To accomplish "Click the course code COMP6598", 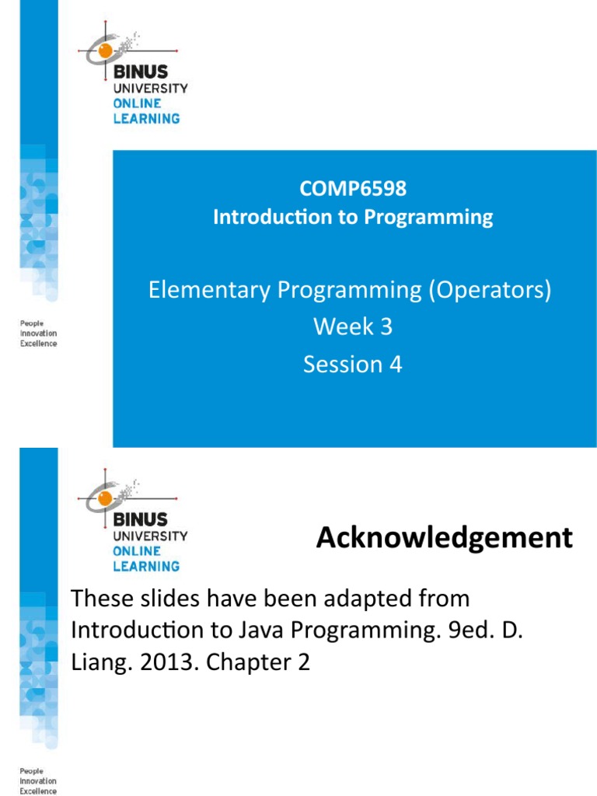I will pos(354,188).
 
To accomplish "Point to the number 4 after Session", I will pos(396,364).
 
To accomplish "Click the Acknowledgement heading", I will pos(444,537).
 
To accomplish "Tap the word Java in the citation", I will pos(281,630).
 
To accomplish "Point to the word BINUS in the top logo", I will pos(140,72).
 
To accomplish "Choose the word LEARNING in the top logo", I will pos(146,119).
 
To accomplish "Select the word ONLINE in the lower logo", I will pos(138,551).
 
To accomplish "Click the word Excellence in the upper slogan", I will pos(38,344).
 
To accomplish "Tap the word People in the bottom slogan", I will pos(32,772).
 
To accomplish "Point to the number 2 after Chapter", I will pos(303,663).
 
